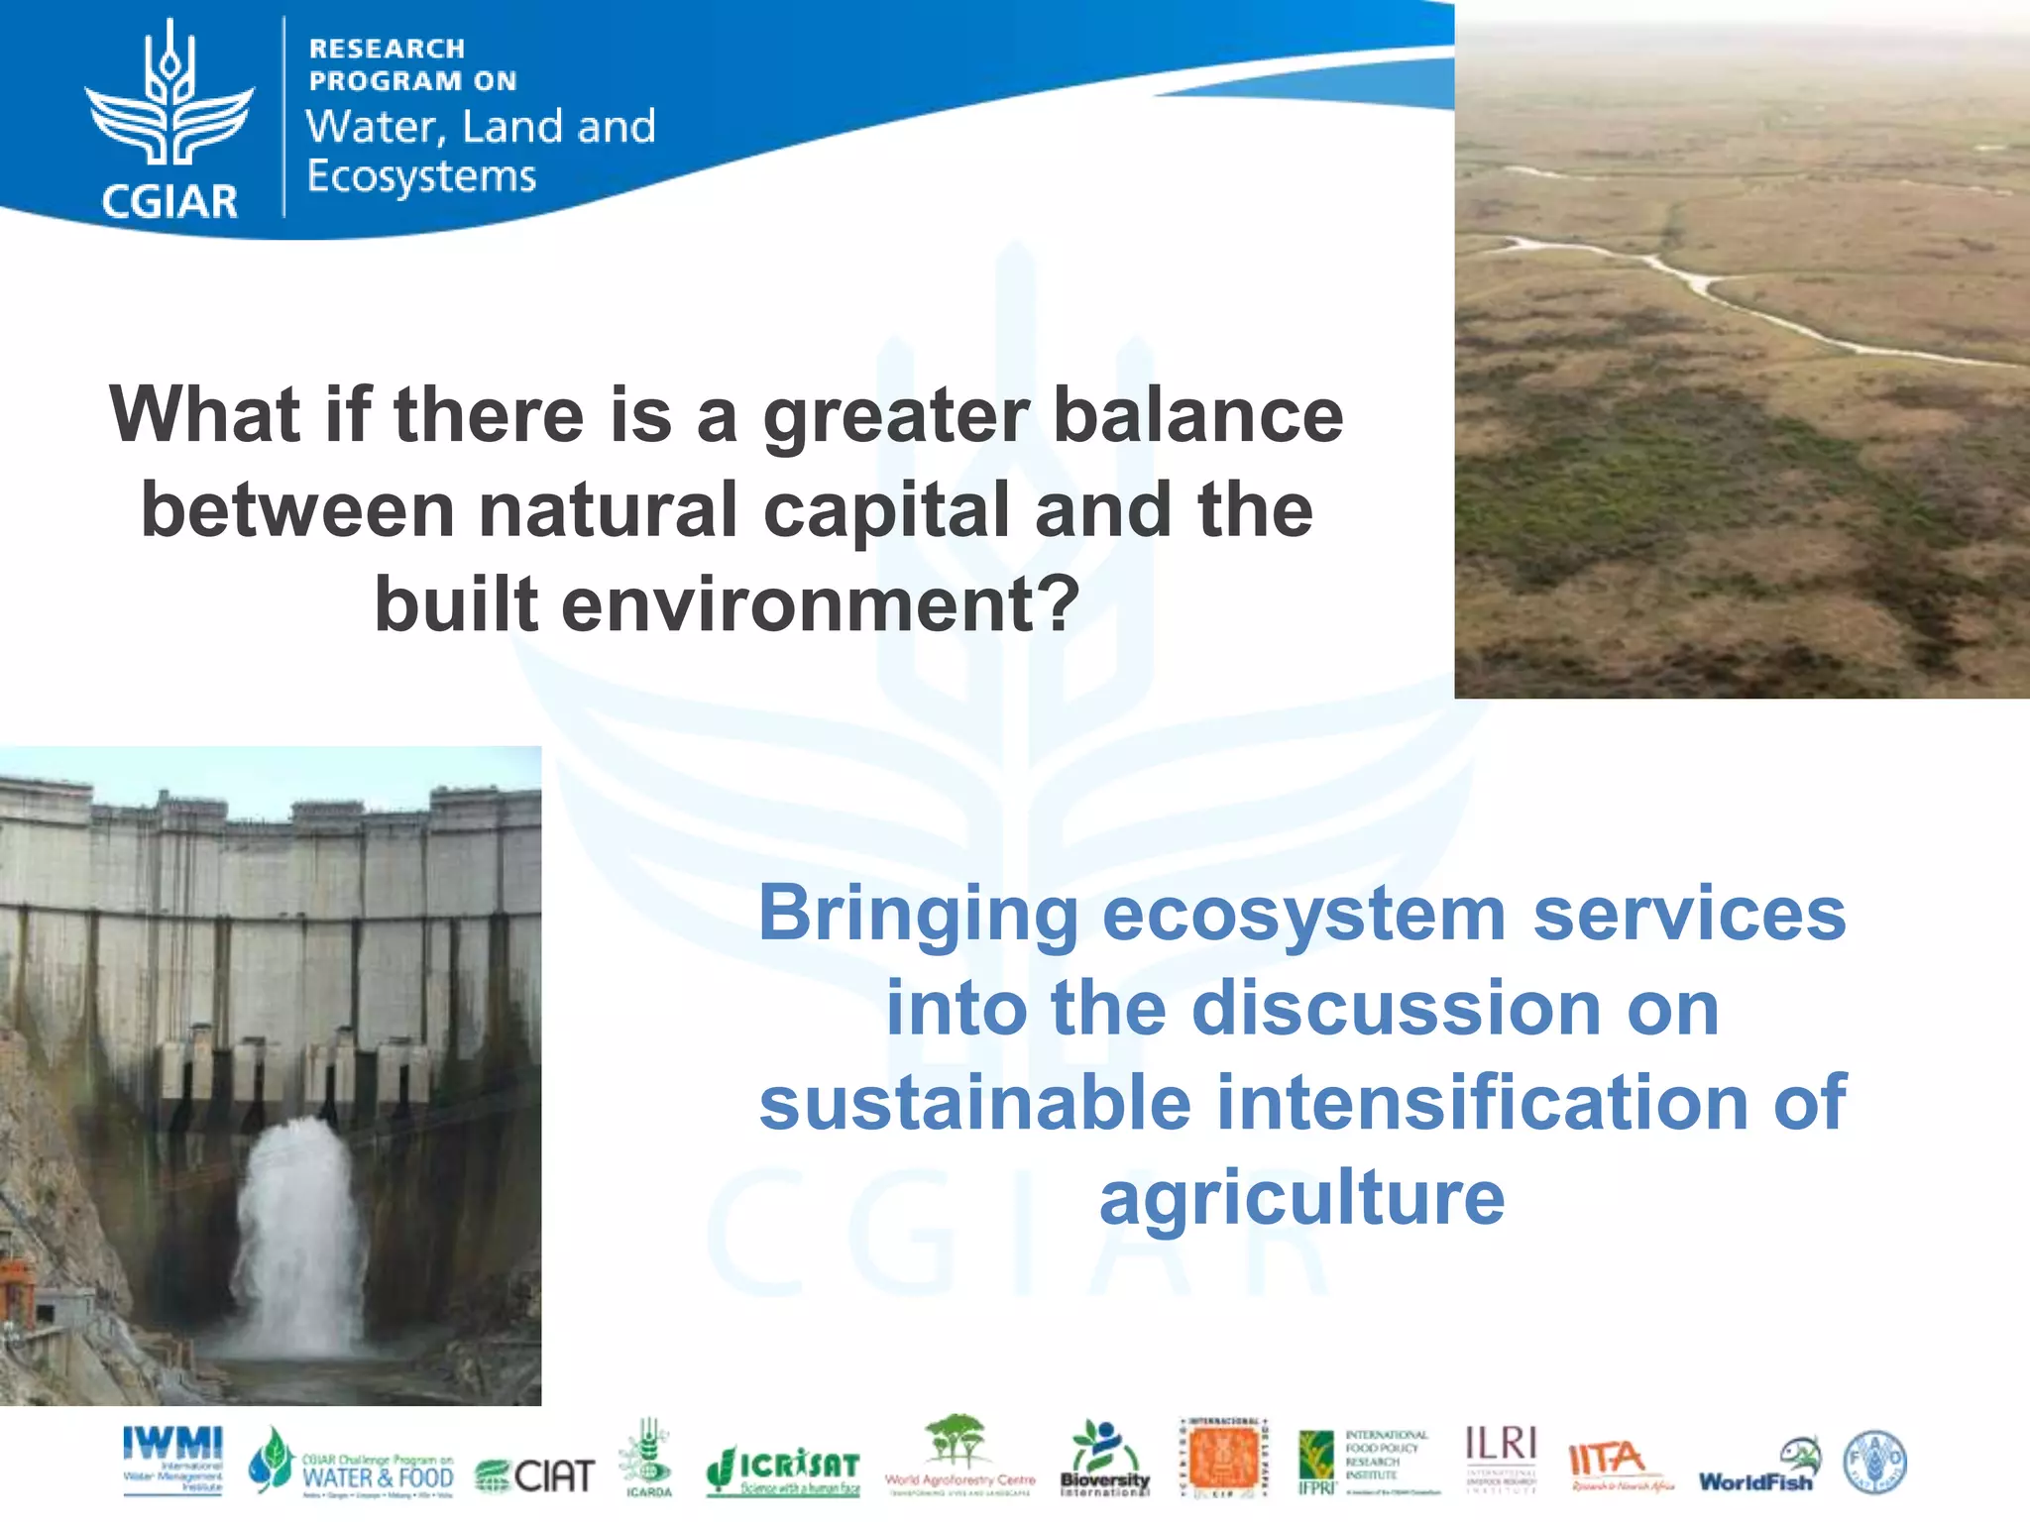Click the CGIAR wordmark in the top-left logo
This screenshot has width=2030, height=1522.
coord(169,201)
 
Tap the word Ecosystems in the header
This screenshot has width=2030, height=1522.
coord(421,176)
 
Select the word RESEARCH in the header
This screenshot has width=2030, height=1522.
coord(387,49)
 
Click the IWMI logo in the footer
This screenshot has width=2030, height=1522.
coord(172,1460)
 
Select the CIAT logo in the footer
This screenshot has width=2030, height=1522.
coord(535,1475)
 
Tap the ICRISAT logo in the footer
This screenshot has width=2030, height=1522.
coord(783,1469)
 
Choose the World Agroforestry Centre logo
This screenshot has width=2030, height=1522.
coord(959,1455)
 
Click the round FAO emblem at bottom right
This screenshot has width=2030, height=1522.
coord(1873,1463)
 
